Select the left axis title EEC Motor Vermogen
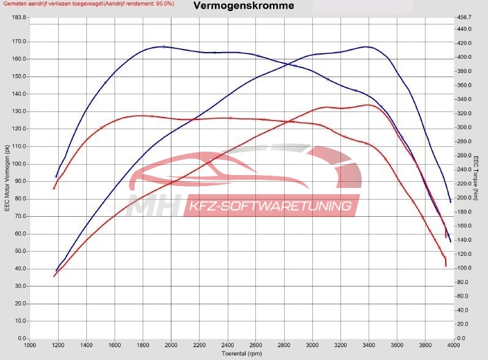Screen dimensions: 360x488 coord(7,178)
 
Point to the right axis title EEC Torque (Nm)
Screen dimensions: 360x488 coord(476,178)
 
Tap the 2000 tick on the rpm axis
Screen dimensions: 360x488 coord(171,345)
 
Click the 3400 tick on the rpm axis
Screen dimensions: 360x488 coord(369,345)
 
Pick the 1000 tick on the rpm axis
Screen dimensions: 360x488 coord(29,345)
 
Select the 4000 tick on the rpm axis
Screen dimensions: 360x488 coord(453,345)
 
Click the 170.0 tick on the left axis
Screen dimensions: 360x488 coord(19,42)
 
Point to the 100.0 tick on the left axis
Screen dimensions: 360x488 coord(19,164)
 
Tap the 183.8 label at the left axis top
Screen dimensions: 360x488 coord(19,17)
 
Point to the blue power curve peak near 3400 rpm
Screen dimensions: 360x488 coord(366,47)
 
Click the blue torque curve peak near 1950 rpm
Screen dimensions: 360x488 coord(162,47)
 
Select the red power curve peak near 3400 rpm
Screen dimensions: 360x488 coord(368,105)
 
